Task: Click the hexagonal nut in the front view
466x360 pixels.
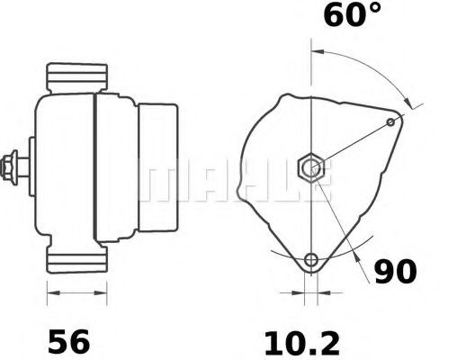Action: [312, 166]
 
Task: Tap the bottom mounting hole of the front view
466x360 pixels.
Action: [311, 261]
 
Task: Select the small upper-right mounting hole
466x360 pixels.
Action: [390, 121]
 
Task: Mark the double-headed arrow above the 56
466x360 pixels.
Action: [69, 292]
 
